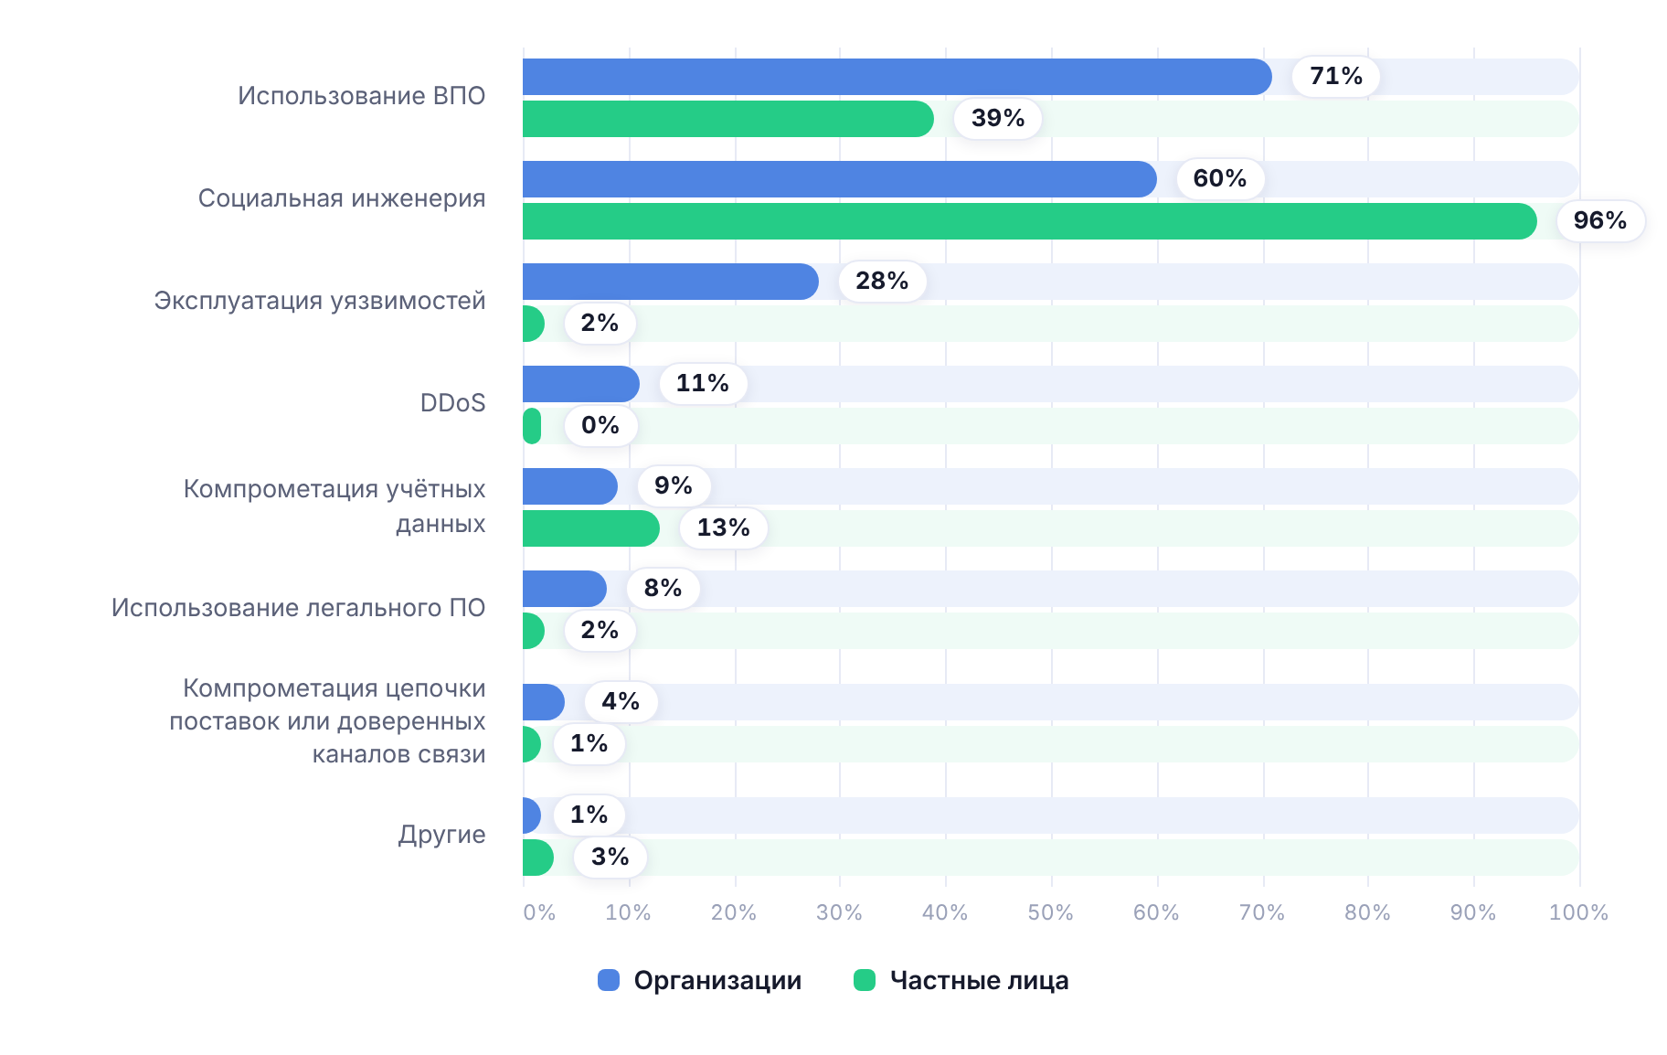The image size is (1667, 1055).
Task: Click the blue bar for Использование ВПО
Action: pyautogui.click(x=897, y=77)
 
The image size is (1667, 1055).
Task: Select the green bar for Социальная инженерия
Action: pyautogui.click(x=1030, y=221)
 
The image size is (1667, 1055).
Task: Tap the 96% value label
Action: pyautogui.click(x=1600, y=220)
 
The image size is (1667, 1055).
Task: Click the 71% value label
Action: pyautogui.click(x=1336, y=76)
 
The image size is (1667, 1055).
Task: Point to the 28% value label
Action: pyautogui.click(x=882, y=281)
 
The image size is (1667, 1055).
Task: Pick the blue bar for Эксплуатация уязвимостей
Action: pyautogui.click(x=671, y=282)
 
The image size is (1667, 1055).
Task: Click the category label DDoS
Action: pyautogui.click(x=452, y=403)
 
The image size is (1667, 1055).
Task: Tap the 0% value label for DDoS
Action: pyautogui.click(x=600, y=425)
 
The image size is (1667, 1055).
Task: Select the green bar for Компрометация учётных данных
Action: pyautogui.click(x=591, y=528)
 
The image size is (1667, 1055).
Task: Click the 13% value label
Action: pyautogui.click(x=724, y=527)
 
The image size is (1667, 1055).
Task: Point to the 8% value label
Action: pyautogui.click(x=664, y=588)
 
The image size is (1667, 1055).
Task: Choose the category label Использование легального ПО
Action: pyautogui.click(x=298, y=608)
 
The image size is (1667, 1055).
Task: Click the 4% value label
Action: pyautogui.click(x=621, y=701)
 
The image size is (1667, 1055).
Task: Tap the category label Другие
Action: pyautogui.click(x=441, y=835)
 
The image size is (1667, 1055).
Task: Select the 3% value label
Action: pyautogui.click(x=611, y=857)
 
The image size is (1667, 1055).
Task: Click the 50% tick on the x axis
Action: pyautogui.click(x=1050, y=912)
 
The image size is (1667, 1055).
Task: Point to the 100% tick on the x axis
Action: pyautogui.click(x=1578, y=912)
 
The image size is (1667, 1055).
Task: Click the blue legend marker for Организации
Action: pyautogui.click(x=609, y=980)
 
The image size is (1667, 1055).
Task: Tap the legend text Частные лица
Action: pyautogui.click(x=979, y=981)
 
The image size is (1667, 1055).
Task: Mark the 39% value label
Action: pyautogui.click(x=998, y=118)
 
